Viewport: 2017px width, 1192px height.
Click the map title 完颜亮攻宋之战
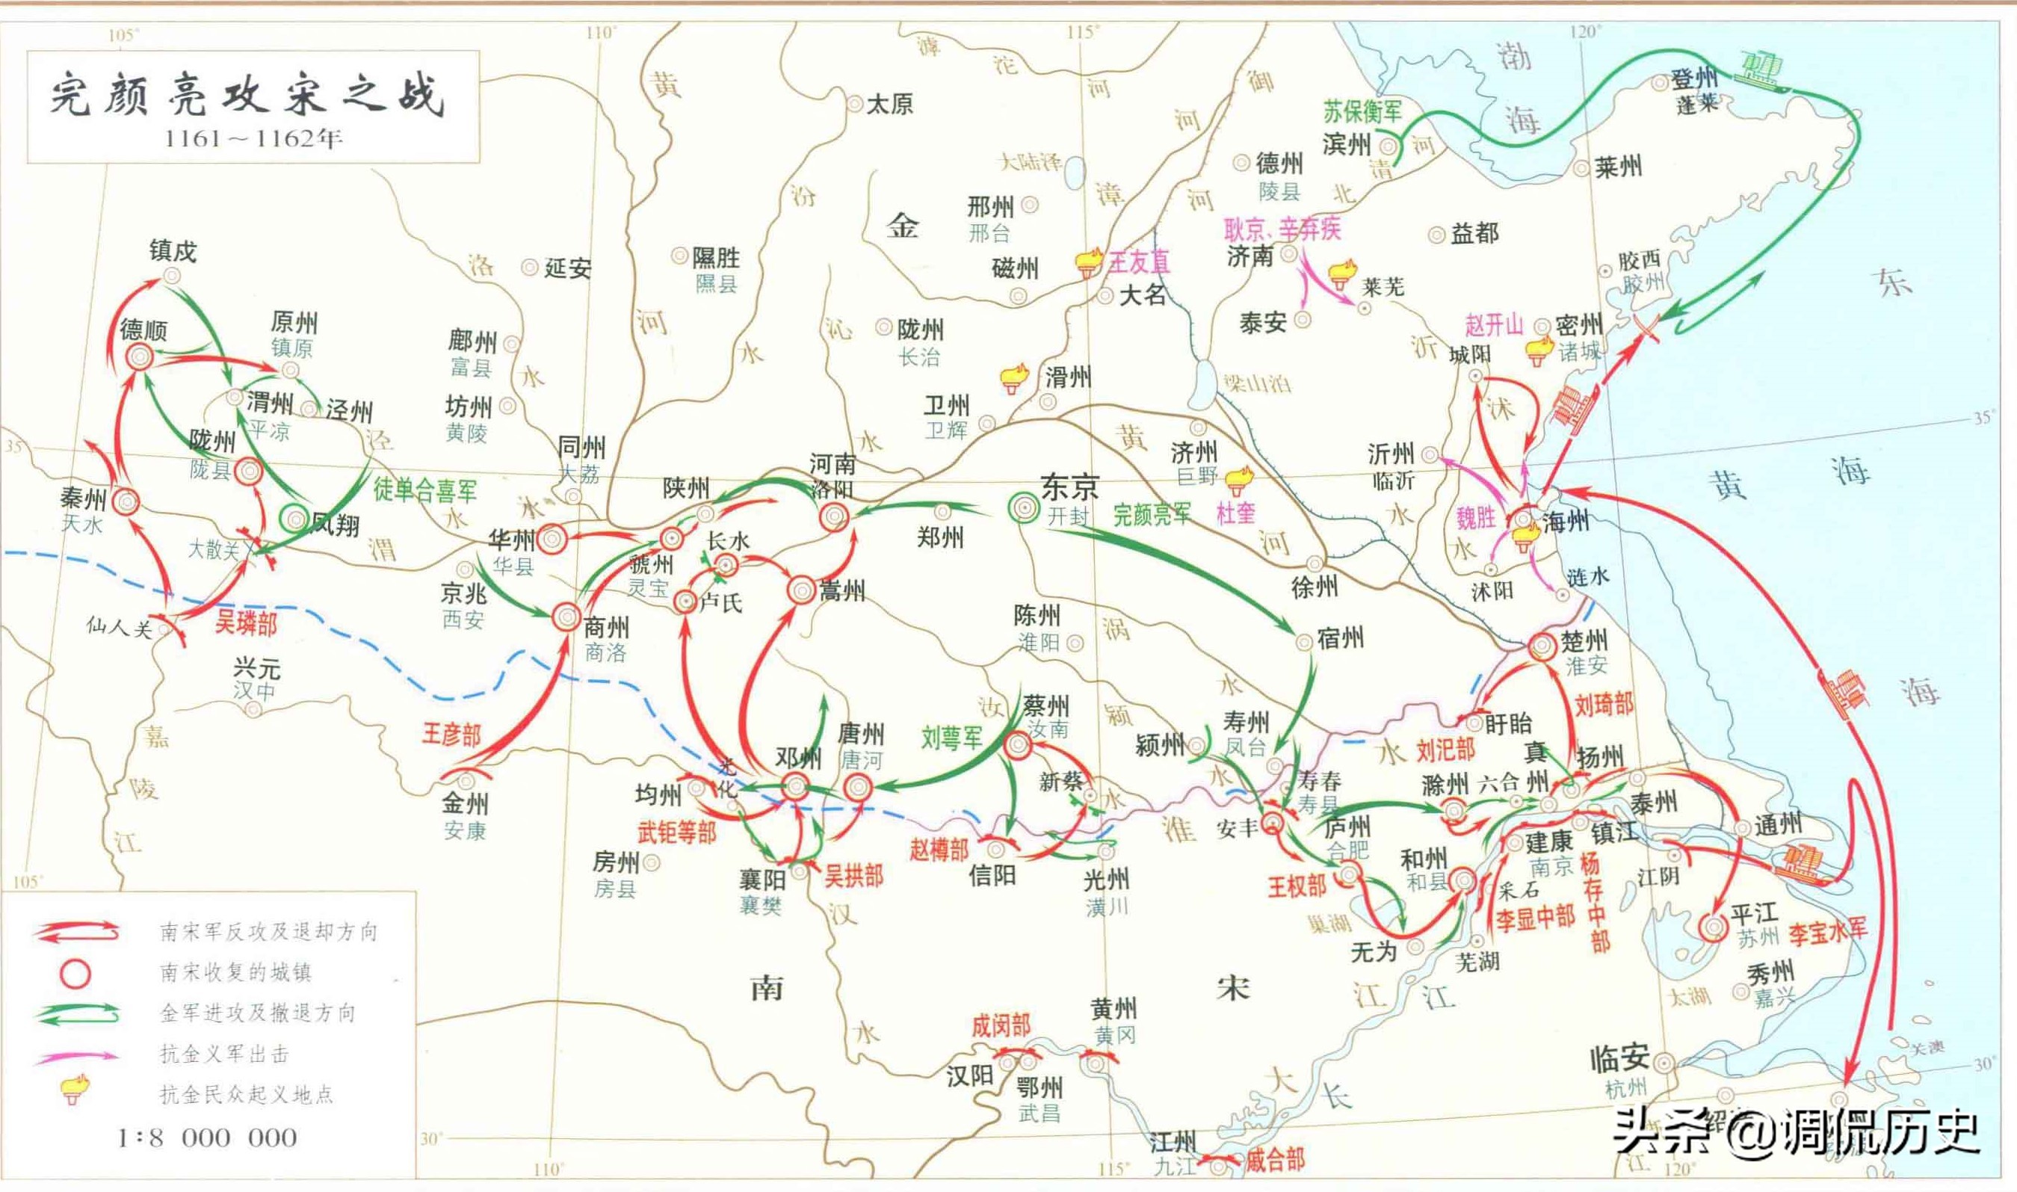click(x=247, y=96)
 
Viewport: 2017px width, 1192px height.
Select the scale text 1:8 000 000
click(x=207, y=1137)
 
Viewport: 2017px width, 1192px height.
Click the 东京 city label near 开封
click(x=1069, y=487)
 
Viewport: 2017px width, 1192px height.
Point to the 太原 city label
click(x=889, y=105)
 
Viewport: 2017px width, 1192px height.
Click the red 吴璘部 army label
click(x=245, y=623)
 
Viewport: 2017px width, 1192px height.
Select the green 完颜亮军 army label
click(x=1152, y=515)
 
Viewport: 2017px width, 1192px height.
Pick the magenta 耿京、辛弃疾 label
click(x=1282, y=229)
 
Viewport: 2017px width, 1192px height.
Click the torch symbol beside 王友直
click(x=1089, y=261)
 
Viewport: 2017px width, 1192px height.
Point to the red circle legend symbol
click(x=76, y=974)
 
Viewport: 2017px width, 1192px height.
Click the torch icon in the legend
click(x=75, y=1091)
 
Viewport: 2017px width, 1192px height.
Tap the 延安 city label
click(x=568, y=268)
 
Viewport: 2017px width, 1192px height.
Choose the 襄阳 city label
click(x=762, y=880)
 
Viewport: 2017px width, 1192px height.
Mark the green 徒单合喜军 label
click(x=424, y=490)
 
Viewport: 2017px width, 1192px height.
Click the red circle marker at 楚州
click(x=1542, y=646)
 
